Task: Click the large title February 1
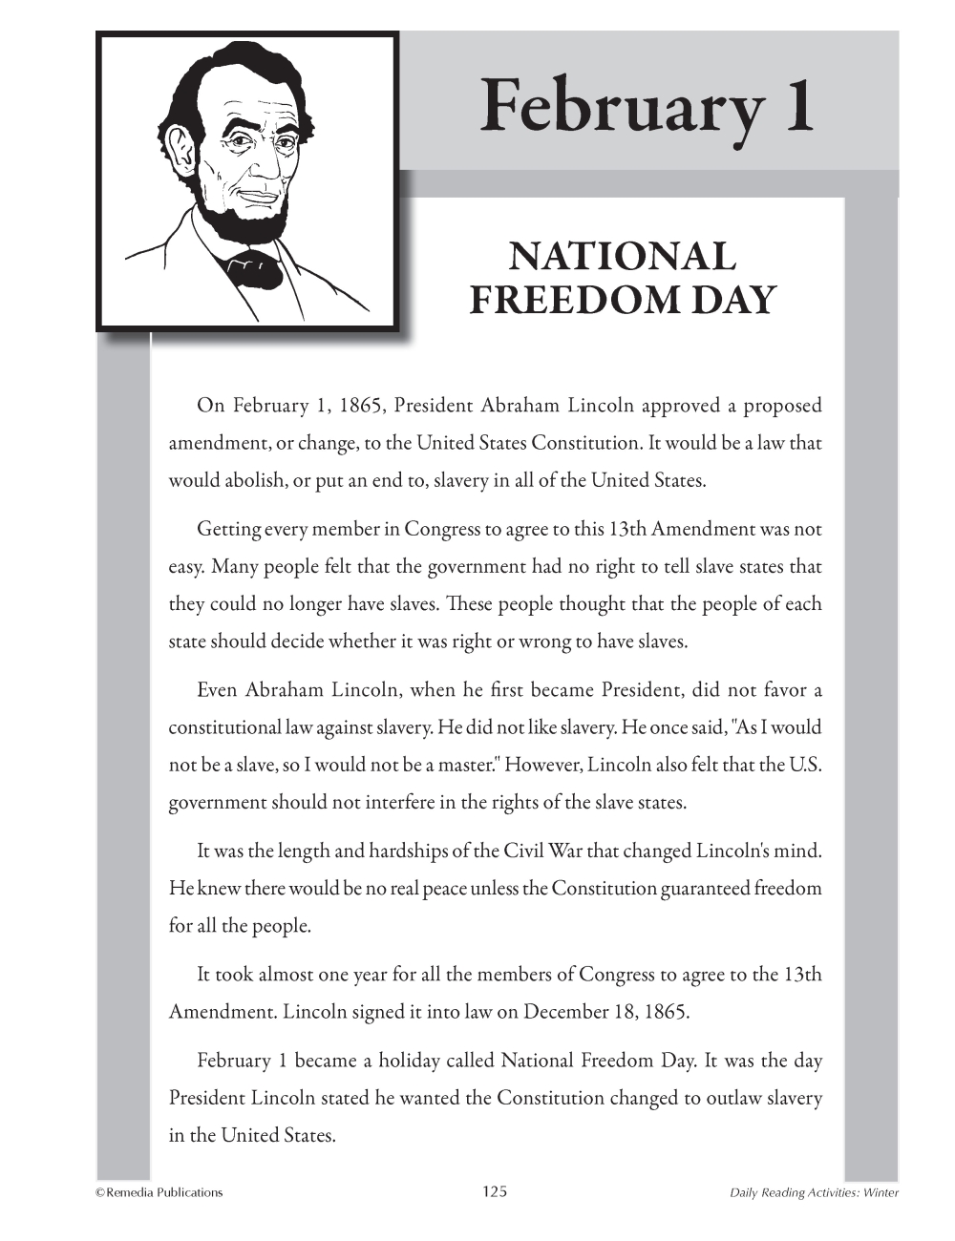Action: pyautogui.click(x=647, y=106)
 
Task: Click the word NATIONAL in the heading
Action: pyautogui.click(x=623, y=257)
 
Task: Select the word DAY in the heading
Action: pyautogui.click(x=732, y=300)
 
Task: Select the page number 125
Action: pyautogui.click(x=495, y=1190)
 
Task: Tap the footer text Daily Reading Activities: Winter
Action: pyautogui.click(x=814, y=1192)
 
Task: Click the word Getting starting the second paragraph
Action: pyautogui.click(x=228, y=529)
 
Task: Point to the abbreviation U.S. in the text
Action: pyautogui.click(x=804, y=765)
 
